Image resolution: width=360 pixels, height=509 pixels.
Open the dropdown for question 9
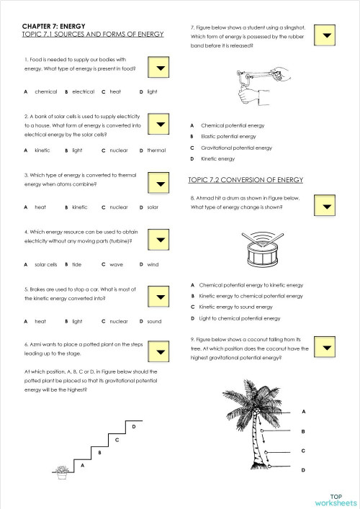(328, 348)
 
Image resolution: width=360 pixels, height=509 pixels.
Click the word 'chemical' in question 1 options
(45, 92)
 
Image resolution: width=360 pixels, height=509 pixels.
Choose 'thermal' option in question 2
(156, 150)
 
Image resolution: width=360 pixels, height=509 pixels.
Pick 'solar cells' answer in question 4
(46, 264)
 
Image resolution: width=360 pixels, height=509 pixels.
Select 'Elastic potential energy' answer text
(228, 136)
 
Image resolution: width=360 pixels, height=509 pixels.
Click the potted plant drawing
(62, 472)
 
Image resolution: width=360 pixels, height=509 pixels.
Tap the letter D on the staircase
(135, 427)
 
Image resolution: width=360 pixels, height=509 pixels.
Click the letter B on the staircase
(99, 452)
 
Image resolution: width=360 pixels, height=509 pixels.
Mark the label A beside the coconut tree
(303, 412)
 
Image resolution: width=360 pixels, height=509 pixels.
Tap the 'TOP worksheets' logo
(335, 500)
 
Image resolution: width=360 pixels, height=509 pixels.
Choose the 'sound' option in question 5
(154, 321)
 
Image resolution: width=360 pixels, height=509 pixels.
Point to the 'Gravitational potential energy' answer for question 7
(236, 148)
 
